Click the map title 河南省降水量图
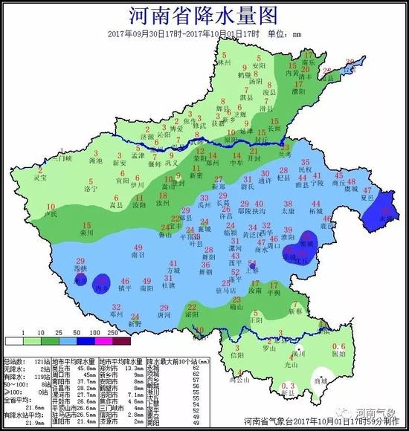coord(204,16)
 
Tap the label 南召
coord(137,254)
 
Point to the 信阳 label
coord(237,355)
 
